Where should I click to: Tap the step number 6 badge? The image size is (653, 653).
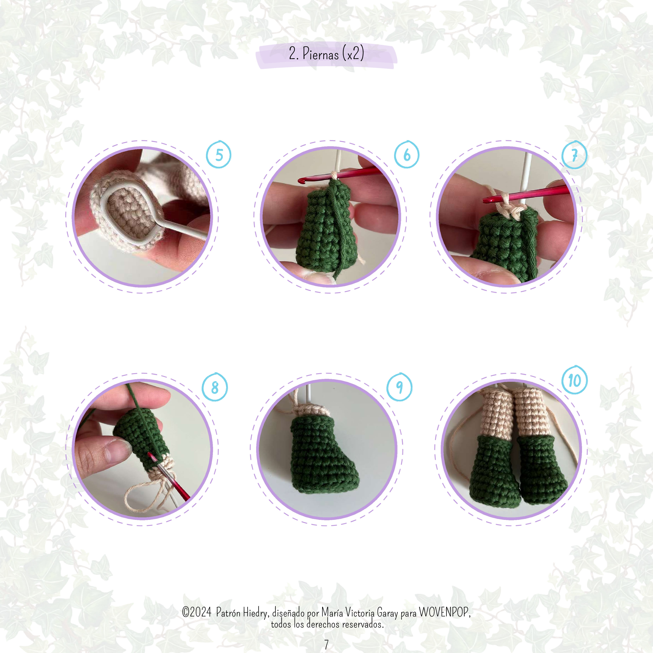[407, 155]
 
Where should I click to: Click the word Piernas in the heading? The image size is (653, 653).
[320, 54]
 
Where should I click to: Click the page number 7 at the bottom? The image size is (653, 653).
[326, 644]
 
